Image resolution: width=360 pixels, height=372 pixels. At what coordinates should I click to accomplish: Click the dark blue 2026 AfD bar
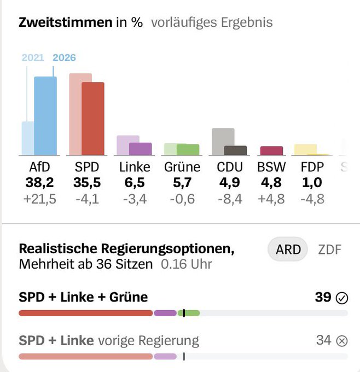point(45,116)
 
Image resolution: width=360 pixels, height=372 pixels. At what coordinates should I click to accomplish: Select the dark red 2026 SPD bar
point(93,119)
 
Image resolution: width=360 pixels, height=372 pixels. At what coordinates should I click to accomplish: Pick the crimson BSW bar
point(271,150)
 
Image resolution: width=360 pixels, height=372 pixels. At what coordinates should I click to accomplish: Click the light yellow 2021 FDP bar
point(306,149)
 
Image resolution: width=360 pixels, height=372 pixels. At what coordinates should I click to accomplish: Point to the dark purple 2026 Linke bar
point(140,149)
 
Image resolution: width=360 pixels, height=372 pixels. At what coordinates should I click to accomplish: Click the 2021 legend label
point(33,57)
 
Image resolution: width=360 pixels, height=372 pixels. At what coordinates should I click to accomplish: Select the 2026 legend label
point(64,57)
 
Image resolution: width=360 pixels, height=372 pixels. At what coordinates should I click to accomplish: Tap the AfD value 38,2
point(39,183)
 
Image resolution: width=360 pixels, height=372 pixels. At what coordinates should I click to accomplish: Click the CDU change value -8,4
point(230,199)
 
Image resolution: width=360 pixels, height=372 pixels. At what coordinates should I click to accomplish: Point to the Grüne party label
point(182,167)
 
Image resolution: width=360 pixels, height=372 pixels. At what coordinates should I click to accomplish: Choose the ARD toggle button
point(288,249)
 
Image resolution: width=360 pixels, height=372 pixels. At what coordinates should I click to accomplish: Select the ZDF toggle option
point(329,249)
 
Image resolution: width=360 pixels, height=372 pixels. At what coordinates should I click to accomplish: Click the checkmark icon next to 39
point(342,298)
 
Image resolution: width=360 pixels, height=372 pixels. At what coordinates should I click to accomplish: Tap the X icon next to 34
point(342,341)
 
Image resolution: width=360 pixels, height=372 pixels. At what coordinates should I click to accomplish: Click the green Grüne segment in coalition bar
point(189,313)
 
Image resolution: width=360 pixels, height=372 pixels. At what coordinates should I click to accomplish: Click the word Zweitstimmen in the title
point(66,22)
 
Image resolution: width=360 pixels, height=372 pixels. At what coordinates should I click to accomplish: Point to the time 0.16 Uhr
point(186,264)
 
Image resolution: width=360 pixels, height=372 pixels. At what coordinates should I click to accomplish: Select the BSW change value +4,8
point(271,199)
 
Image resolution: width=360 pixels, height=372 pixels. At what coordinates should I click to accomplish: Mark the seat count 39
point(323,297)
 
